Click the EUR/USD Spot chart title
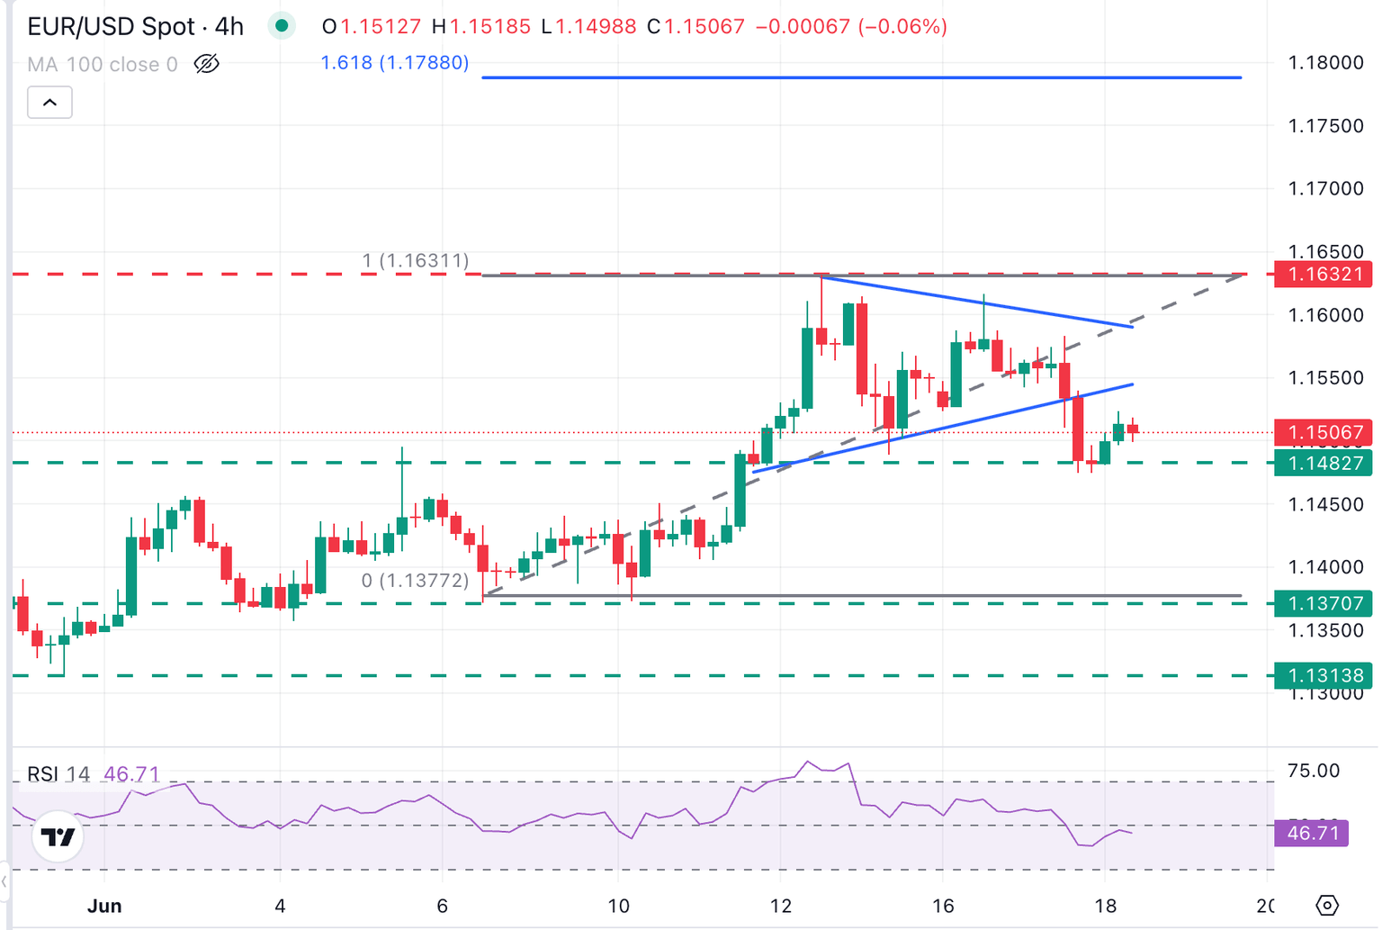(135, 26)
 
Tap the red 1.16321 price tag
(1324, 275)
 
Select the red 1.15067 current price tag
(1324, 433)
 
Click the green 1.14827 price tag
(1324, 464)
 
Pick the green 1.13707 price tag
(1324, 603)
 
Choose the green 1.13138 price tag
(1324, 675)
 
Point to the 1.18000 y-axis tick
(1325, 63)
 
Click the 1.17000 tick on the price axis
(1325, 189)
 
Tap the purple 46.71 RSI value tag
(1313, 833)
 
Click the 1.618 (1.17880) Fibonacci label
(395, 63)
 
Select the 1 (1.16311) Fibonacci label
(416, 261)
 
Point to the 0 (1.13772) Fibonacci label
(416, 581)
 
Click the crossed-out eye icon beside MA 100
(207, 64)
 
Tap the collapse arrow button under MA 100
(49, 103)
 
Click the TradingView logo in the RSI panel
(58, 837)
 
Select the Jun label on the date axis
(104, 906)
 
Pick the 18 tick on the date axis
(1105, 906)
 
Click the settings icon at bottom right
(1327, 905)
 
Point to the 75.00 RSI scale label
(1314, 771)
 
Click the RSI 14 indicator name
(58, 774)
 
